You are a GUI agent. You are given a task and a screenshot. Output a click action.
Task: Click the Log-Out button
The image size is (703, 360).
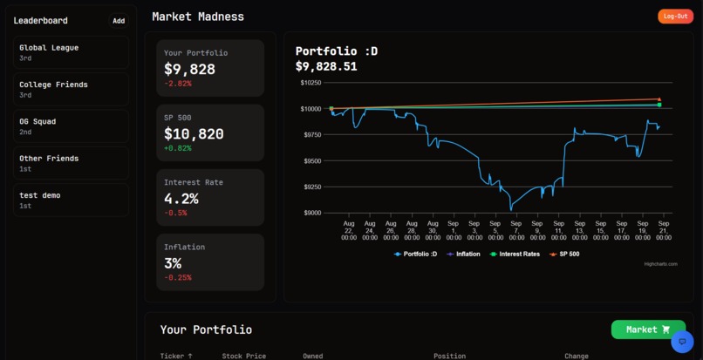(x=675, y=17)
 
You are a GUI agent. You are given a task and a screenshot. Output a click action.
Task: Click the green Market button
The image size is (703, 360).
(x=648, y=329)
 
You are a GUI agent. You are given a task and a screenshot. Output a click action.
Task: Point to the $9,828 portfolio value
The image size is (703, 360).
(x=189, y=69)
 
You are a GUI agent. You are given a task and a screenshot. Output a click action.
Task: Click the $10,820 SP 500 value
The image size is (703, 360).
(x=194, y=134)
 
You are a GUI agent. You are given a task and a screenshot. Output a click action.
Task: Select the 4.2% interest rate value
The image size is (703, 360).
(x=181, y=199)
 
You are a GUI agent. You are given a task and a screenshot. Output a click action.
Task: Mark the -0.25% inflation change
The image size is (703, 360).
(x=177, y=277)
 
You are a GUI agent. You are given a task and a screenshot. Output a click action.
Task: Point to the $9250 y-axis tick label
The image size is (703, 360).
(x=311, y=187)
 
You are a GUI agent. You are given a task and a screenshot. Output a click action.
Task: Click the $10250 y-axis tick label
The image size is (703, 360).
(x=310, y=83)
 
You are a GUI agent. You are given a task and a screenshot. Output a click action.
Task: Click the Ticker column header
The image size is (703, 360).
(x=176, y=356)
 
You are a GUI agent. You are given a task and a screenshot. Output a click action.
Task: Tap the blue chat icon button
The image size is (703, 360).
(x=682, y=342)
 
